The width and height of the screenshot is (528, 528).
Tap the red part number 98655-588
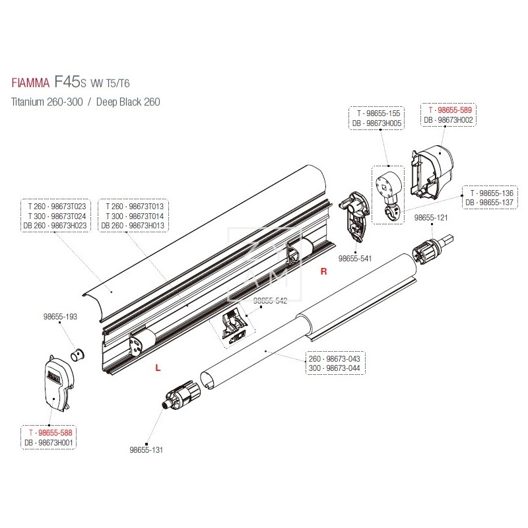[50, 432]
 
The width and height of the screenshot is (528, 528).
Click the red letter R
[323, 271]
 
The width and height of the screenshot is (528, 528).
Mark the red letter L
[156, 368]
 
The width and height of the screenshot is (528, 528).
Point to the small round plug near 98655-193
[79, 353]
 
